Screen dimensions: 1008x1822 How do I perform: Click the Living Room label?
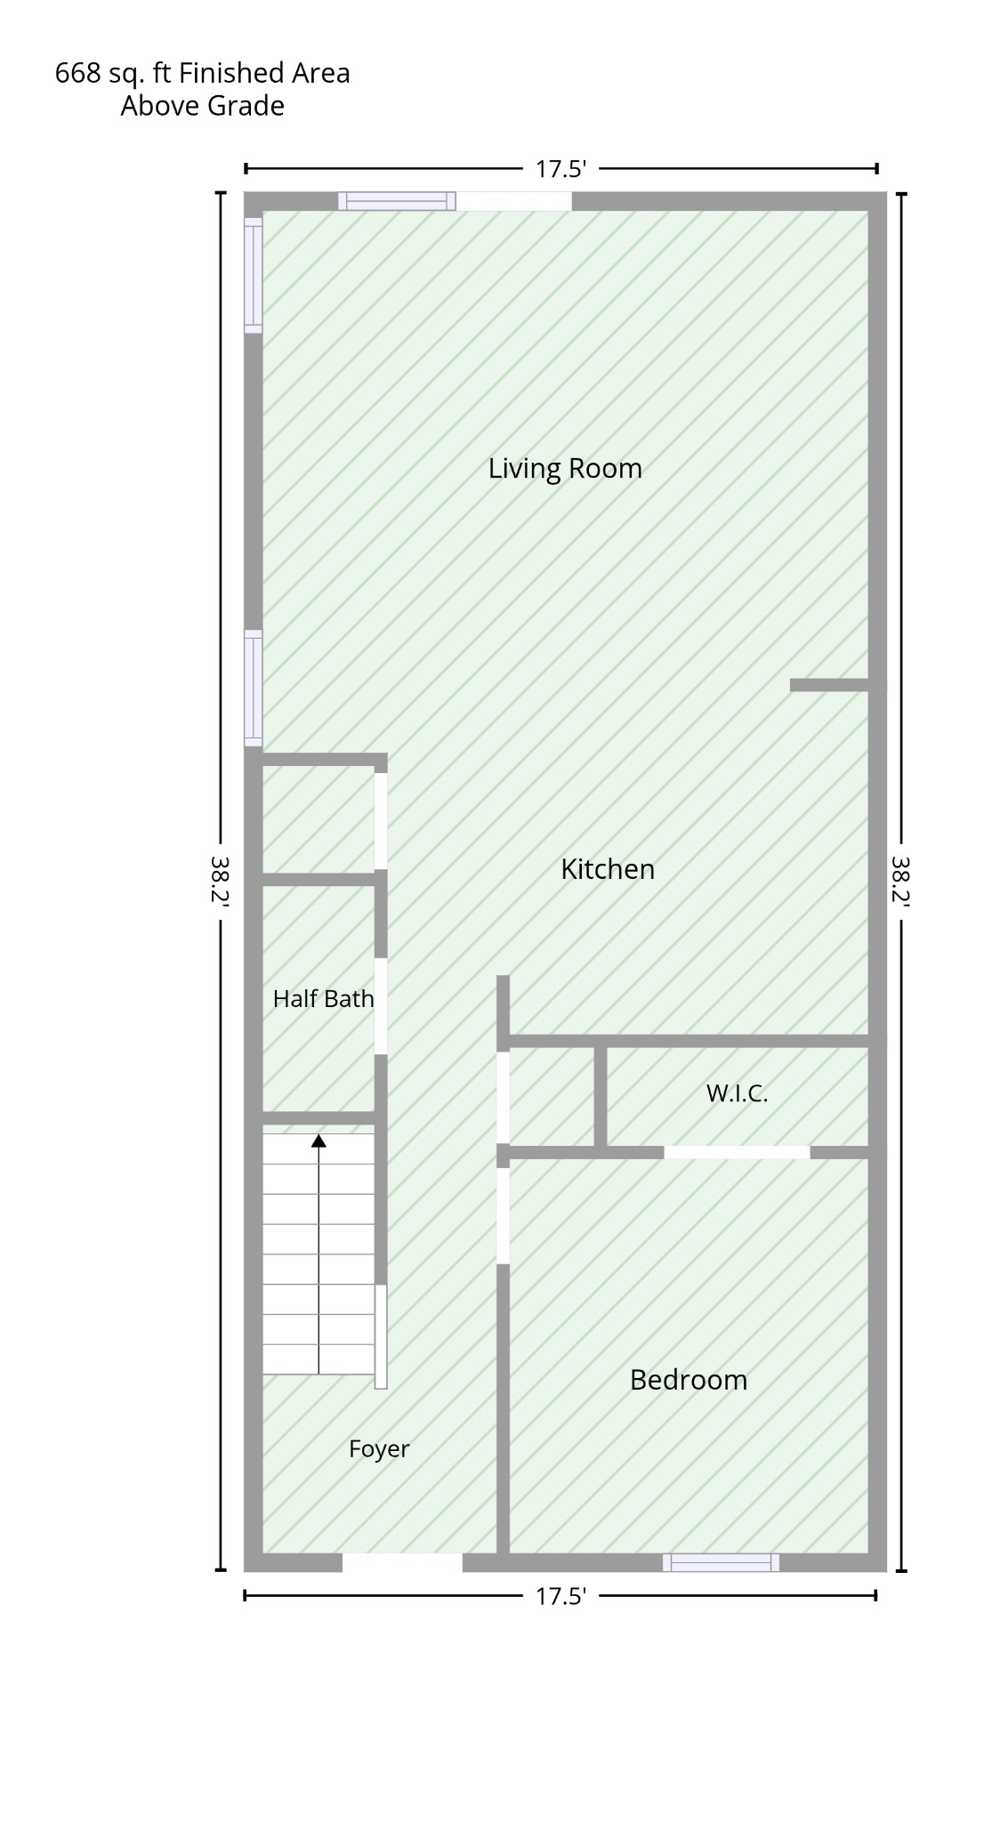pos(565,469)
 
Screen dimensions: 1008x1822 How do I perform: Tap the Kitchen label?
pos(608,869)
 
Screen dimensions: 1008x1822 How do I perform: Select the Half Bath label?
pos(323,999)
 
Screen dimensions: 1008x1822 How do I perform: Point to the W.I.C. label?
pos(737,1093)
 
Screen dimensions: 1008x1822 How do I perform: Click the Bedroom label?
pos(689,1380)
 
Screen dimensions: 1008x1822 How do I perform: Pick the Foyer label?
pos(379,1449)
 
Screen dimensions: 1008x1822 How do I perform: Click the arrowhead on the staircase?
pos(319,1141)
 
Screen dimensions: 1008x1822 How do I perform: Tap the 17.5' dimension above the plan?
pos(560,169)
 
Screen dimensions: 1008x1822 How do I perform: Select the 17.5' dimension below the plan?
pos(560,1596)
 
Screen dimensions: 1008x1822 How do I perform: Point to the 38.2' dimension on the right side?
pos(901,881)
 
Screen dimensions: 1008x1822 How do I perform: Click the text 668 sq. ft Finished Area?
pos(203,73)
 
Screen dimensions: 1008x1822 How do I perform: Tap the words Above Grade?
pos(203,106)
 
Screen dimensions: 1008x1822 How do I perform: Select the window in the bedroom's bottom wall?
pos(721,1562)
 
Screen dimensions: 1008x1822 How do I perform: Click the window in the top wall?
pos(397,201)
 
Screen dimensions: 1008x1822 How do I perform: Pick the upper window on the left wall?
pos(254,275)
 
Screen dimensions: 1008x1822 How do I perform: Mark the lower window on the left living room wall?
pos(254,688)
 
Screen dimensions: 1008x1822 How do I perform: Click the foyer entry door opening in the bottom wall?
pos(402,1562)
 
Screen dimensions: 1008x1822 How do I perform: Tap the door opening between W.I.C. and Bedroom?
pos(737,1152)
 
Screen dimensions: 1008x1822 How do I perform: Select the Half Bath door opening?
pos(381,1006)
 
